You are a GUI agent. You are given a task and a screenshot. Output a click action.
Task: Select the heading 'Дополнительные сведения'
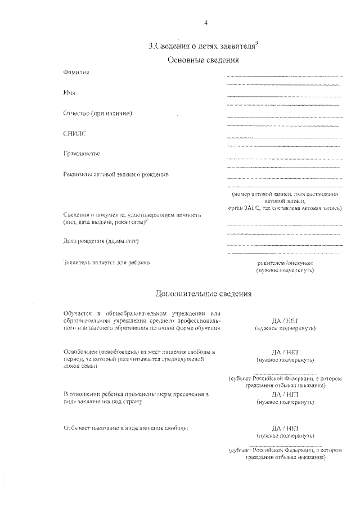[204, 294]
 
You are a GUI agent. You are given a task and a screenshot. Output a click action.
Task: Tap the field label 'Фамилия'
[76, 73]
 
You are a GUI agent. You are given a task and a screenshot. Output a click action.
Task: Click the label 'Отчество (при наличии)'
[98, 113]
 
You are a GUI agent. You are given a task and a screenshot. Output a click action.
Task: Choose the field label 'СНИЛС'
[74, 134]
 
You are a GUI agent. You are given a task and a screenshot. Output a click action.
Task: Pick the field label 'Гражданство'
[82, 154]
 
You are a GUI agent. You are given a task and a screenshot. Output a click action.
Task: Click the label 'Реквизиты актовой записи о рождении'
[116, 174]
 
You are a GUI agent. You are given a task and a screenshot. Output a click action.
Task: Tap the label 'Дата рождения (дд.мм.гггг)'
[101, 241]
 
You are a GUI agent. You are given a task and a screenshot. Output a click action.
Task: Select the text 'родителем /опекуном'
[285, 263]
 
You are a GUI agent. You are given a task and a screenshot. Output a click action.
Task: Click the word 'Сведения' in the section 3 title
[175, 47]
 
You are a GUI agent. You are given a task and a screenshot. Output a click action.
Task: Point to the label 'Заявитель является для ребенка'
[106, 262]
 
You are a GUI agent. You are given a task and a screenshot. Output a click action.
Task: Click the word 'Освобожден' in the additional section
[80, 352]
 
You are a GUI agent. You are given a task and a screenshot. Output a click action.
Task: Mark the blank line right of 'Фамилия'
[284, 76]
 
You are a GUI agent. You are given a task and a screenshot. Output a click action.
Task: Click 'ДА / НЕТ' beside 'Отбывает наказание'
[285, 428]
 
